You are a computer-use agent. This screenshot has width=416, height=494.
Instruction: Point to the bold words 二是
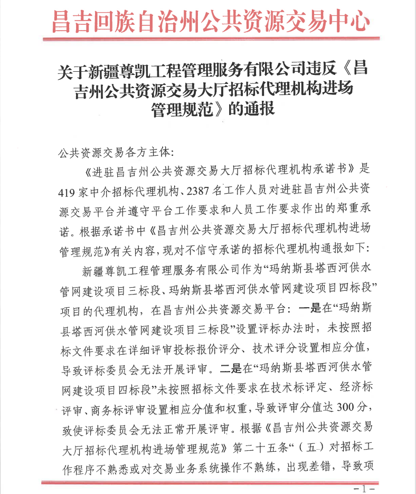click(229, 365)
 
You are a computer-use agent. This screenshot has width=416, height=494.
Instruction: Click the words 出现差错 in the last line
click(310, 466)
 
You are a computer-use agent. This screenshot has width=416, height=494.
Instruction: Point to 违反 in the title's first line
click(322, 70)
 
